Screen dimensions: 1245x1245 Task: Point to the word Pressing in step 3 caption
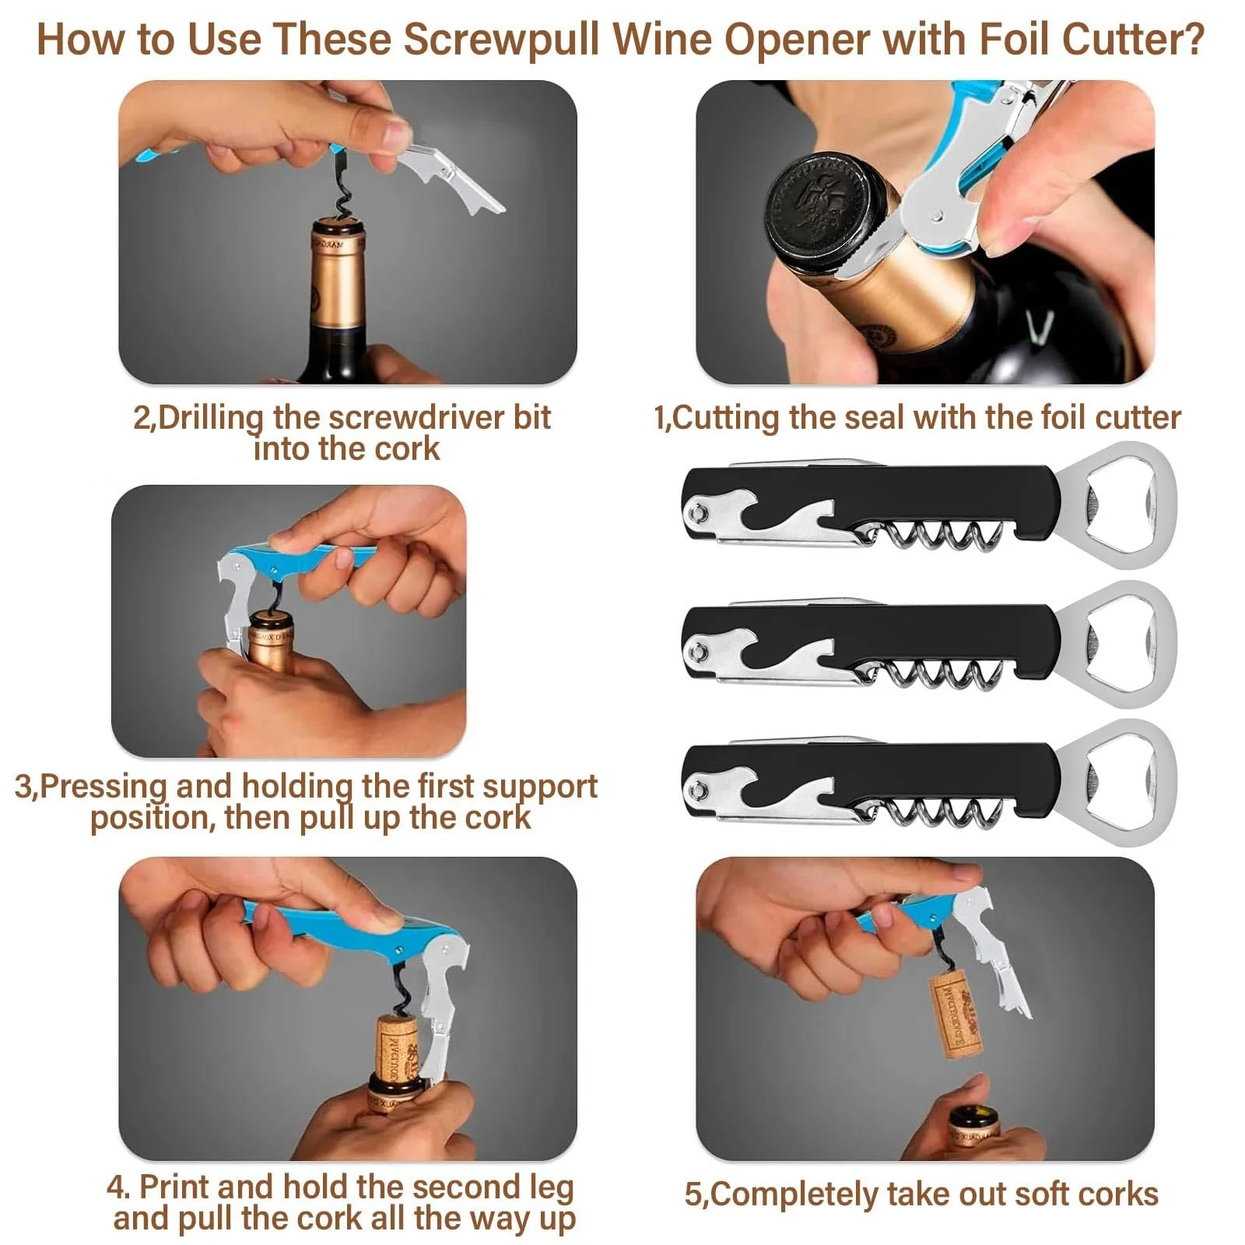[x=103, y=787]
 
